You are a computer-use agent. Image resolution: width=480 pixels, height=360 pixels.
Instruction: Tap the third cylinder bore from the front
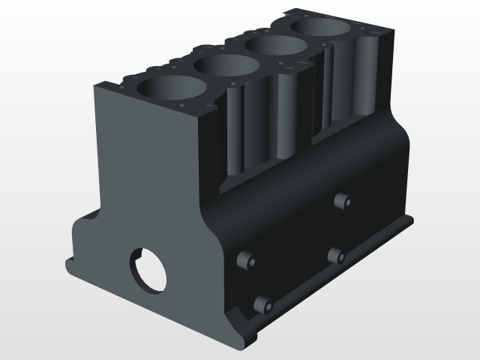click(275, 46)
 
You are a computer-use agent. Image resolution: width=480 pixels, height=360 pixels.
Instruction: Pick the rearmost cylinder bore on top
click(322, 28)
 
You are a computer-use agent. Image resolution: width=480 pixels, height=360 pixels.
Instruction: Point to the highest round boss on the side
click(342, 201)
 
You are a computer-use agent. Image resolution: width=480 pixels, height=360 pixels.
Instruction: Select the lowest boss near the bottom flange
click(262, 304)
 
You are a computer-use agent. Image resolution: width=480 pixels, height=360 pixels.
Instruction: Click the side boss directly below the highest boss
click(335, 256)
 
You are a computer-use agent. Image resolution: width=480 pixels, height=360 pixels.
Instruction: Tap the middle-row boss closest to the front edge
click(245, 259)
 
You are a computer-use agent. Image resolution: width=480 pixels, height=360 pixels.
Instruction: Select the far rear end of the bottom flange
click(412, 219)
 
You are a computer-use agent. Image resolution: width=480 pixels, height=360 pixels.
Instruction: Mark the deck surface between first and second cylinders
click(196, 84)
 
